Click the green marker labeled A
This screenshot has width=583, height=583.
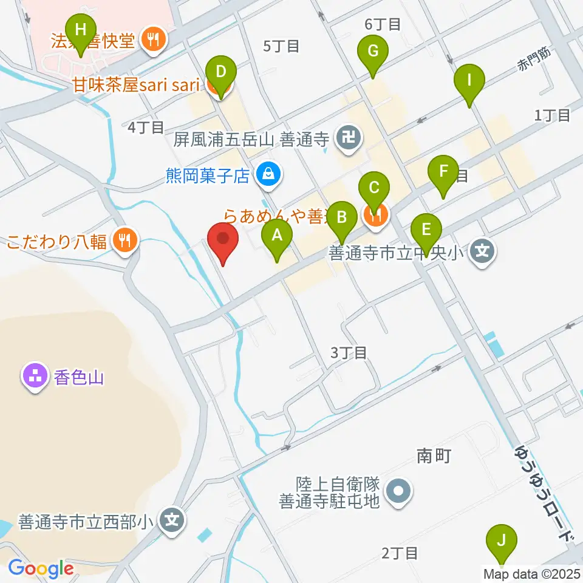pos(277,234)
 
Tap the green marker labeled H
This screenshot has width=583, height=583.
pos(81,29)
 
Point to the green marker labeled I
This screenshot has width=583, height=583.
pos(469,80)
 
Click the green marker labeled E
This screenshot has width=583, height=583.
pos(426,230)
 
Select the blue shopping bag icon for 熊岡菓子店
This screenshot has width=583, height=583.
pos(266,176)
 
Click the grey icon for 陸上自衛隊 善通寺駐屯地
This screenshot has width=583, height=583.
pos(399,493)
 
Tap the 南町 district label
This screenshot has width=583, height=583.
pos(434,455)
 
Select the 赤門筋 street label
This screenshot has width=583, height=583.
pos(534,61)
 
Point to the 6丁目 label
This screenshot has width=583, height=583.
pos(383,25)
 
